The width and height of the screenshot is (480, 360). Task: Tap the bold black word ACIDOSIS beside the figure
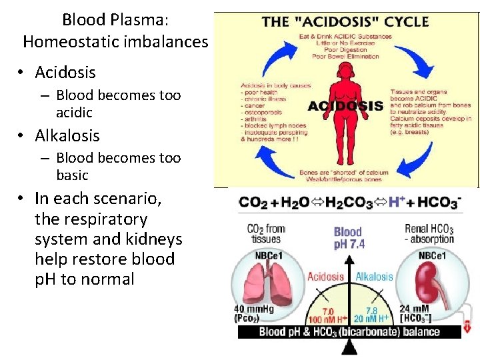coord(345,106)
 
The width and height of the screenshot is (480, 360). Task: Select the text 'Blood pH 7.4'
coord(348,238)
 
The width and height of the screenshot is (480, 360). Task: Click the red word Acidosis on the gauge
coord(325,277)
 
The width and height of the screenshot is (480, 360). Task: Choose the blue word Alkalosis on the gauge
coord(375,277)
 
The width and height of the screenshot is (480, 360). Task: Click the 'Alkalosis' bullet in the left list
coord(67,135)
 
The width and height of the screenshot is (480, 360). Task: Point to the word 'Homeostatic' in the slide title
coord(62,41)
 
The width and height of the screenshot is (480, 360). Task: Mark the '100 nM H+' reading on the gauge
coord(325,319)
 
